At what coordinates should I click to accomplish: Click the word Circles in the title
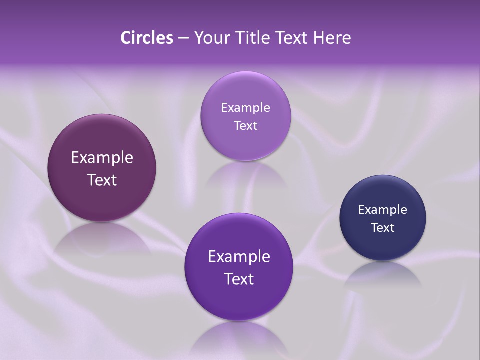146,38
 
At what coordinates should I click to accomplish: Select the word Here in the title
332,38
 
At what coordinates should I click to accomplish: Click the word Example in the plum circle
102,158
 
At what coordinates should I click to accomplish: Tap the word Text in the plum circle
102,180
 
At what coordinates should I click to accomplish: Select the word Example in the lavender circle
245,108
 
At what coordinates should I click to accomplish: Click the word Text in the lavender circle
245,126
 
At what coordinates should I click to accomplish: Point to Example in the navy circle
383,210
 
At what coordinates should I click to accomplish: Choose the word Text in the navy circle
383,228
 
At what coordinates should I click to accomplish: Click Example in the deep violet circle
239,257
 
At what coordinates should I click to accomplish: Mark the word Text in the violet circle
239,279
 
